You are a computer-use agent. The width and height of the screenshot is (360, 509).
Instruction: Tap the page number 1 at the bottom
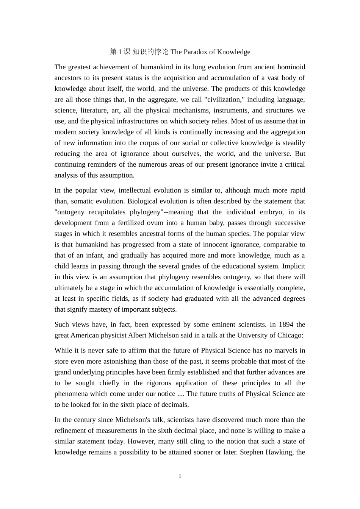point(180,476)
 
